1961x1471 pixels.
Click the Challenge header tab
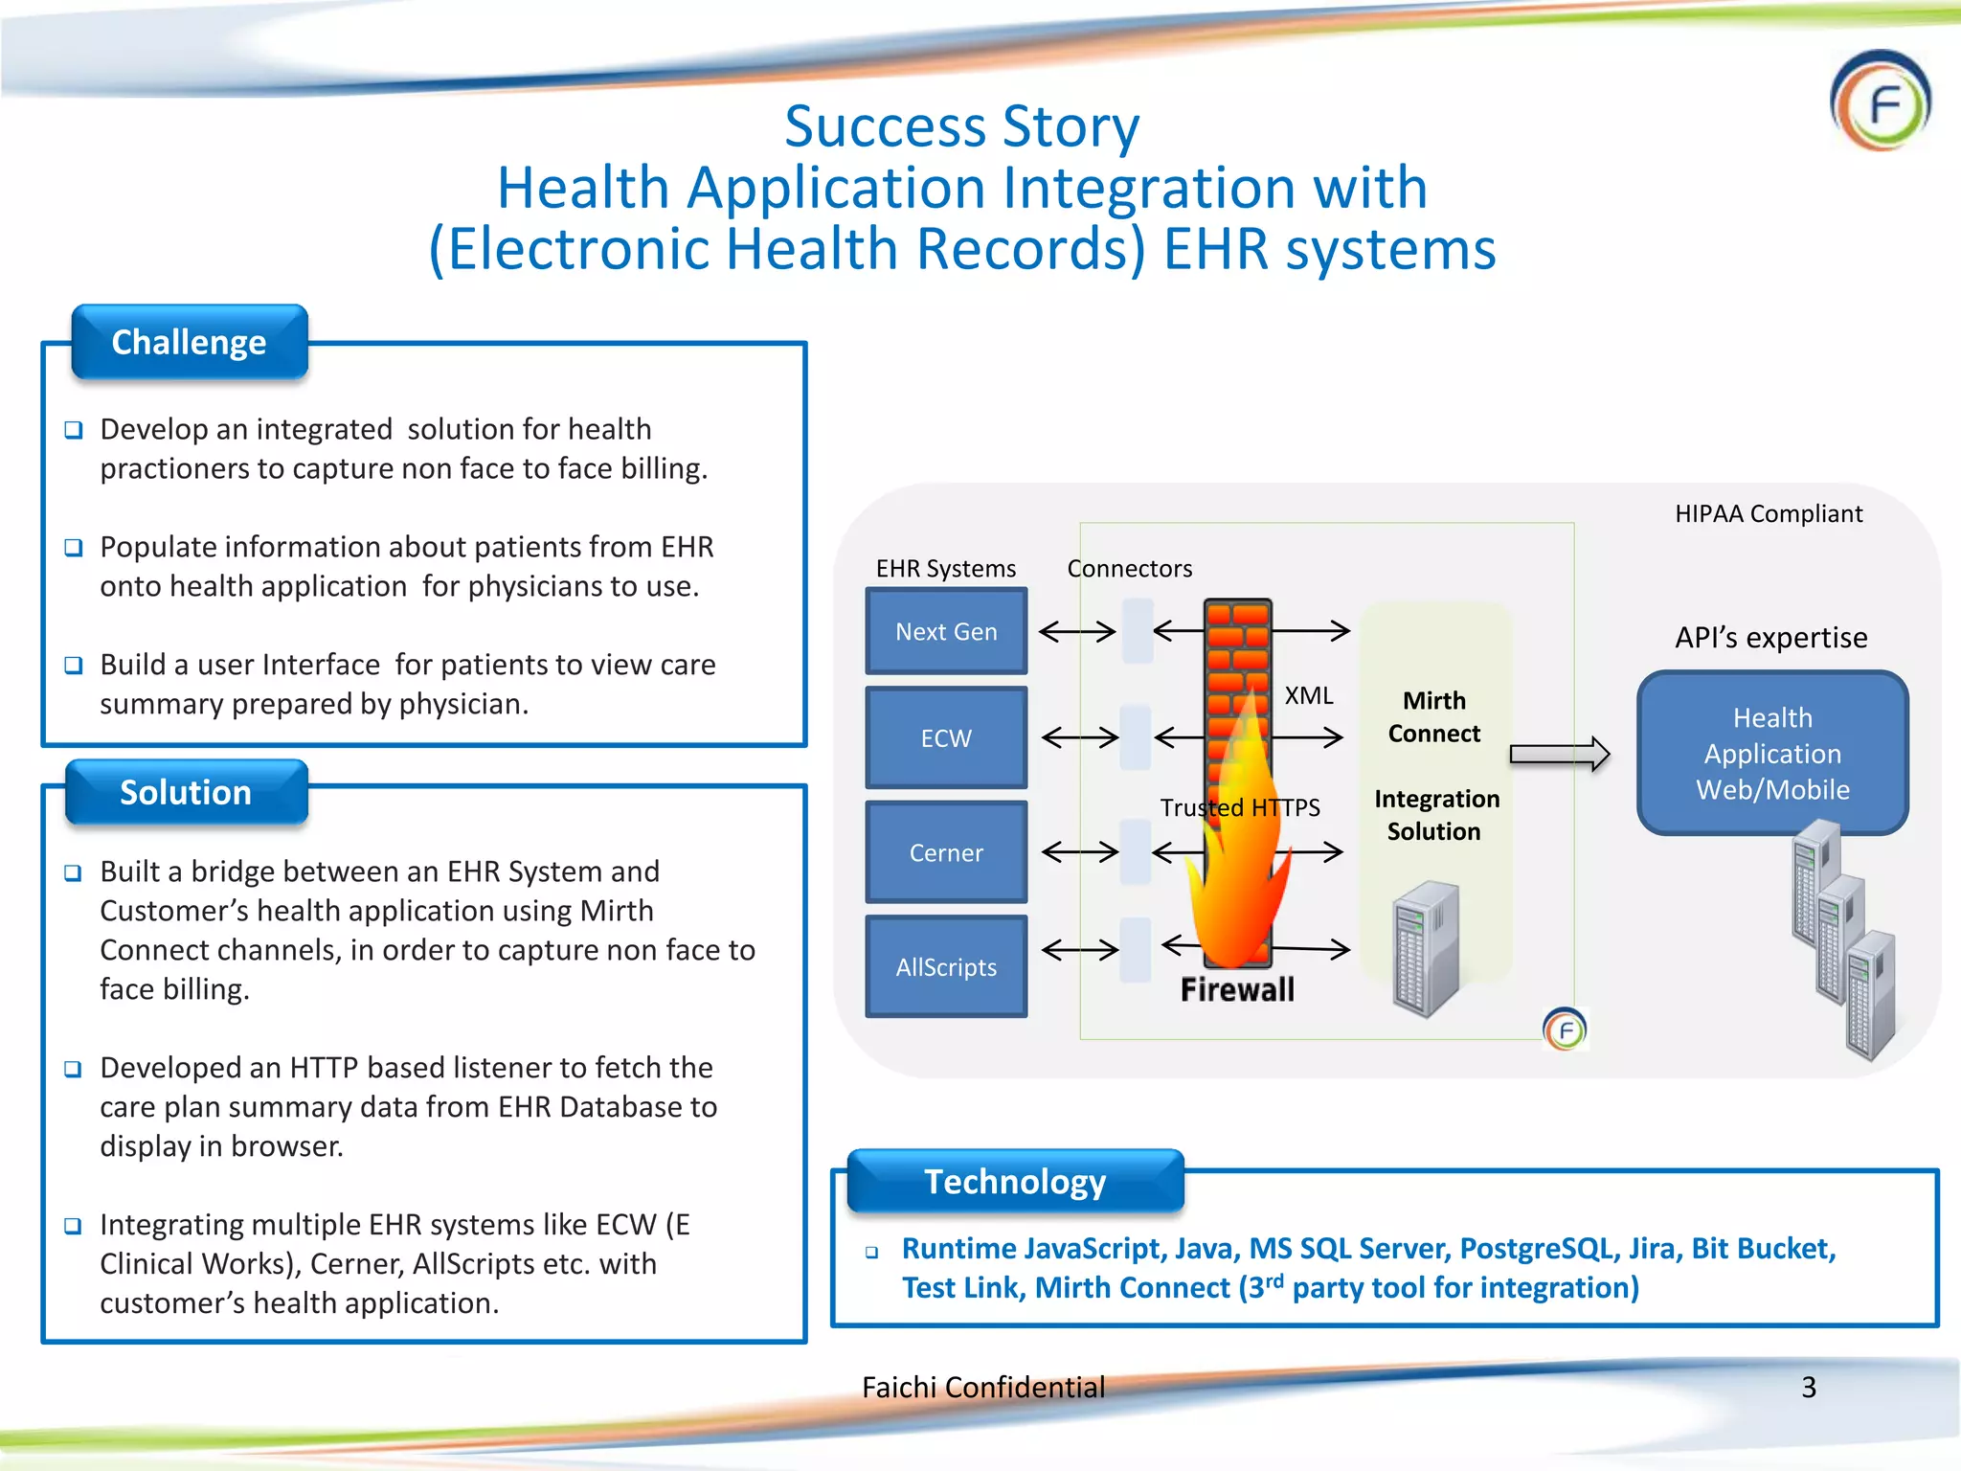[190, 342]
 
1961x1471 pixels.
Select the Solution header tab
[186, 792]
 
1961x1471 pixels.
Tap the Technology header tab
[1015, 1181]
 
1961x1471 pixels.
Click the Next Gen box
[946, 631]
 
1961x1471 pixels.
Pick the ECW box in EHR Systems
[946, 737]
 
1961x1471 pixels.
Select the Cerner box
[946, 852]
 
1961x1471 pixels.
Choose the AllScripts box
[946, 966]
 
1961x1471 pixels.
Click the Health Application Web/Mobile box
[1772, 753]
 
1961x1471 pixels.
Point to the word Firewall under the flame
[1237, 989]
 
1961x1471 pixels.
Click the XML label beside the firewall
[1308, 695]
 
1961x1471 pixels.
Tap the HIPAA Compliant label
[1769, 514]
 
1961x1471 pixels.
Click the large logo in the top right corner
[1881, 102]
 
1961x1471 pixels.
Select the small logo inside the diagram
[1566, 1030]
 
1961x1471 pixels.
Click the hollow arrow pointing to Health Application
[1559, 755]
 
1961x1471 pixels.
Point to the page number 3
[1809, 1387]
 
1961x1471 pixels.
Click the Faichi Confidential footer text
[983, 1387]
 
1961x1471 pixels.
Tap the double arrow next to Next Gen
[1077, 631]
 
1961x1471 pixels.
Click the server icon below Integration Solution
[1426, 949]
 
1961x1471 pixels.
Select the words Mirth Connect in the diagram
[1433, 716]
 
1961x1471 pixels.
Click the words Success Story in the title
[962, 126]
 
